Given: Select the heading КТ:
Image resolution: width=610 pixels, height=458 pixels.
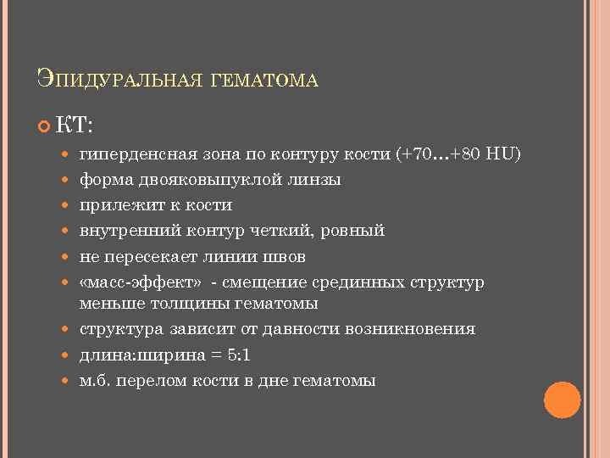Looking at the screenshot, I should coord(75,126).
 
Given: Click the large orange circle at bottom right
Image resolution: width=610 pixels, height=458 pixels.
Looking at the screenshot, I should coord(562,400).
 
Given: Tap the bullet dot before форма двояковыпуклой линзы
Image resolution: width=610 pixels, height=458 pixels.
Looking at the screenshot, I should coord(68,181).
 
